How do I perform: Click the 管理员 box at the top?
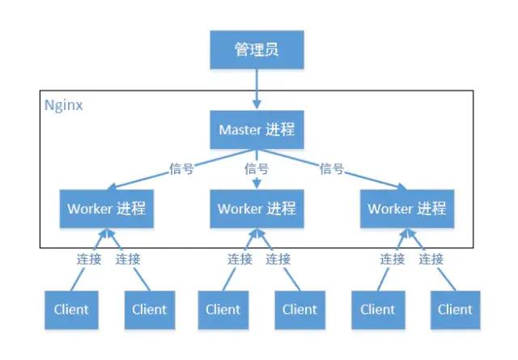[x=257, y=50]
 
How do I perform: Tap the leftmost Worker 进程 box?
[x=106, y=209]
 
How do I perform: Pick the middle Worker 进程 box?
[x=257, y=209]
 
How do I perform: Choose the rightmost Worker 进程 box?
[x=407, y=209]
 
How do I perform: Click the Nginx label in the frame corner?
[x=63, y=105]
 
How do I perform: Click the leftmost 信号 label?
[x=180, y=169]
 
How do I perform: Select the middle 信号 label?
[x=257, y=169]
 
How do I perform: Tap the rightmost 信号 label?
[x=332, y=169]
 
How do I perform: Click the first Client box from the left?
[x=71, y=308]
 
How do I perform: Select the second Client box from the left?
[x=149, y=308]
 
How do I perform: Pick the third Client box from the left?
[x=223, y=308]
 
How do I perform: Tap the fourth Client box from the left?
[x=299, y=308]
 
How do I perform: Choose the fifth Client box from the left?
[x=377, y=308]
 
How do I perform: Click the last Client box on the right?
[x=455, y=308]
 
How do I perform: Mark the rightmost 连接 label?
[x=431, y=259]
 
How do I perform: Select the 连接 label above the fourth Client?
[x=278, y=259]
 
